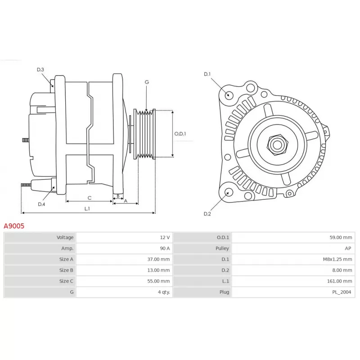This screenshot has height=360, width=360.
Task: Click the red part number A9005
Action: [14, 226]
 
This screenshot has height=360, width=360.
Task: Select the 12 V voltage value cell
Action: [165, 238]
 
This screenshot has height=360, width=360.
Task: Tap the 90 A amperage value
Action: [165, 248]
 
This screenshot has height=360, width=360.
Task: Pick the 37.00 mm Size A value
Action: [158, 259]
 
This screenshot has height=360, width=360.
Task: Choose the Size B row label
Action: [66, 270]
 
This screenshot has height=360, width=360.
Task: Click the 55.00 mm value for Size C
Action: [158, 281]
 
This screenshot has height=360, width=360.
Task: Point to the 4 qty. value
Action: [164, 292]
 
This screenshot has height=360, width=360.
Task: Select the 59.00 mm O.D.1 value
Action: [341, 238]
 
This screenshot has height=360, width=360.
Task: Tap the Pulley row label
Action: [222, 248]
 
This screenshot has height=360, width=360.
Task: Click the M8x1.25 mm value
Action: [337, 259]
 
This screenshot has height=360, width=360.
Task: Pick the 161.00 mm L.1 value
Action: [340, 281]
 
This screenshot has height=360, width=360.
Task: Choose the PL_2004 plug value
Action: [342, 292]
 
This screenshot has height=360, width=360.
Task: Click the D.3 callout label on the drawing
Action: [40, 70]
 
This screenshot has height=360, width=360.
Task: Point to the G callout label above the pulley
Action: [147, 82]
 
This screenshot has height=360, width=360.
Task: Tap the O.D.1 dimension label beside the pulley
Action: [180, 134]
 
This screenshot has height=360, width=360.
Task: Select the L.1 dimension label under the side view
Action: [87, 208]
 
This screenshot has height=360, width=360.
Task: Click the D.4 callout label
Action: [41, 204]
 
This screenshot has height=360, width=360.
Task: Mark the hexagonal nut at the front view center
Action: [277, 144]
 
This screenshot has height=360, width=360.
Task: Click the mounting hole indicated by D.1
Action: [229, 94]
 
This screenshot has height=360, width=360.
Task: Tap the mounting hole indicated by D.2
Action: [229, 192]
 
